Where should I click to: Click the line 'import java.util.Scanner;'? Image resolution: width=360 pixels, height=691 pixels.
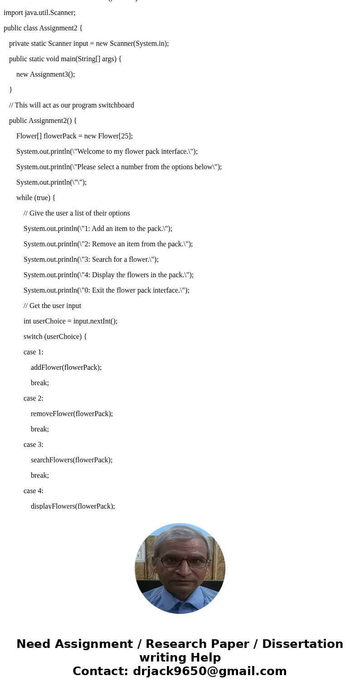pos(39,13)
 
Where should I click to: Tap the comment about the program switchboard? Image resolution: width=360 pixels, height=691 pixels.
pos(72,105)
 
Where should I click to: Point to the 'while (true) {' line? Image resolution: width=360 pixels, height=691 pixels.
pos(36,198)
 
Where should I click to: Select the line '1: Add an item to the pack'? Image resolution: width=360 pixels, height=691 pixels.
pos(98,229)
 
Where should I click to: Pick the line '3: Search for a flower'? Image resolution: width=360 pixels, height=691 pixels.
pos(91,260)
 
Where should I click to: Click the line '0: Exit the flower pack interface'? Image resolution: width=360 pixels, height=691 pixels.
pos(107,290)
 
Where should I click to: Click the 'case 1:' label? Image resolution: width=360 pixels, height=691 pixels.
pos(34,352)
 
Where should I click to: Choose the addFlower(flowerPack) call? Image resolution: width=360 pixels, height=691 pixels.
pos(66,368)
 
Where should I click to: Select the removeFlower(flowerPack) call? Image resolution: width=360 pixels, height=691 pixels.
pos(72,414)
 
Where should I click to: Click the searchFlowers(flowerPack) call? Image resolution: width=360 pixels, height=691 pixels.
pos(72,460)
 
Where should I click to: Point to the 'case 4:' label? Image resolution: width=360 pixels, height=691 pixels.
pos(34,491)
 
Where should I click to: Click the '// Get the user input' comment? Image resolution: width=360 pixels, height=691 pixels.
pos(53,306)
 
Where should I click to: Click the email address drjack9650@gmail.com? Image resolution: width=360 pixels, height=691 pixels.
pos(209,671)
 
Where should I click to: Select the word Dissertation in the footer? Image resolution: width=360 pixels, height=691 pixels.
pos(302,644)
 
